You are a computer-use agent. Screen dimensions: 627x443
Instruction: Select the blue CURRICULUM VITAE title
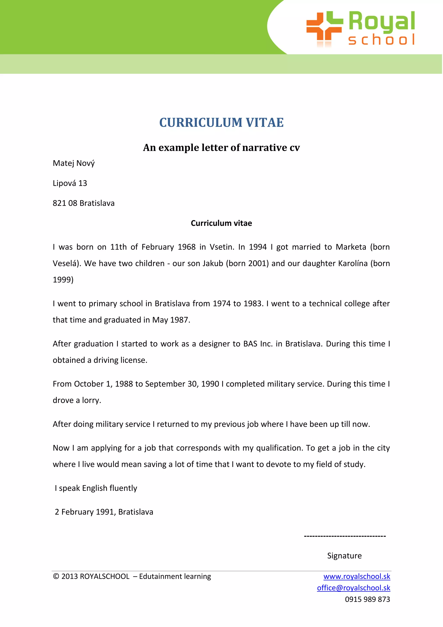pyautogui.click(x=221, y=122)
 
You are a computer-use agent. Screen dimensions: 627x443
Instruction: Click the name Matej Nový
pyautogui.click(x=74, y=163)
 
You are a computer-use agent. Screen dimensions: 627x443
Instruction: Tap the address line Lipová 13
pyautogui.click(x=70, y=183)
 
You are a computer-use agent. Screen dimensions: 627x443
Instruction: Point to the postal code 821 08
pyautogui.click(x=65, y=203)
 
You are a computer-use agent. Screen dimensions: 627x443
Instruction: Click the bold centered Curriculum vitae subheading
pyautogui.click(x=221, y=223)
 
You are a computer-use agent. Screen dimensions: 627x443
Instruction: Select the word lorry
pyautogui.click(x=91, y=400)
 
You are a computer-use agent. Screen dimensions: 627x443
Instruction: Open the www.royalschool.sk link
pyautogui.click(x=356, y=577)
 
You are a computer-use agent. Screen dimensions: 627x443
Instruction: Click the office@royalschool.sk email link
pyautogui.click(x=353, y=588)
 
